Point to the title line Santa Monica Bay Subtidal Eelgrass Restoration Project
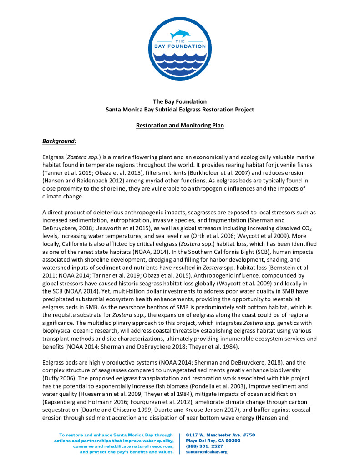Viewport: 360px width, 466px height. [x=180, y=110]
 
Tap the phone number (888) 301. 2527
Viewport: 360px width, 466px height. [x=204, y=446]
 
